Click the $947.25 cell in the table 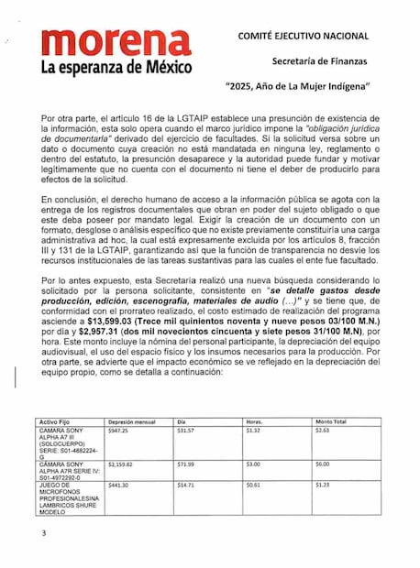click(118, 430)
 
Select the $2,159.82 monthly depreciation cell click(121, 464)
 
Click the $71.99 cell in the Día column click(186, 464)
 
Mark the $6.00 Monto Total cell click(322, 464)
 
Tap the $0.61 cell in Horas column click(254, 485)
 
